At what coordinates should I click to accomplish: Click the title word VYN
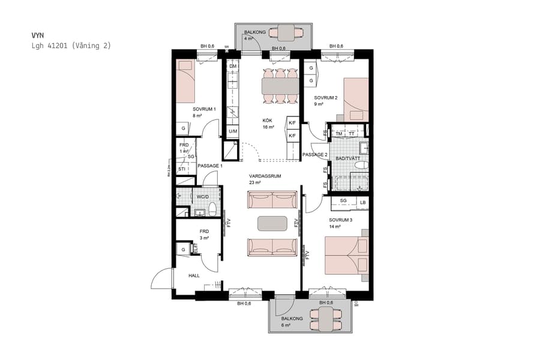37,35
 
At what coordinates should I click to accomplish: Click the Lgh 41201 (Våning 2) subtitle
71,46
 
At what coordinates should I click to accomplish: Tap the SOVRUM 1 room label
204,109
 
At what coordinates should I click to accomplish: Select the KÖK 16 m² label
268,123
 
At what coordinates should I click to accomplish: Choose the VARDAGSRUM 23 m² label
265,179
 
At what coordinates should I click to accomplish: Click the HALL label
194,275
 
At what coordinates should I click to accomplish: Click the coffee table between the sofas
272,223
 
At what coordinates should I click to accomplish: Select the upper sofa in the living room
272,200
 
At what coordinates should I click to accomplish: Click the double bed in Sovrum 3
345,254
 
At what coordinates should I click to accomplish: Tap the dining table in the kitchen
280,87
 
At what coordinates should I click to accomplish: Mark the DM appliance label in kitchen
233,66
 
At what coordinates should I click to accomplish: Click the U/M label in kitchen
233,131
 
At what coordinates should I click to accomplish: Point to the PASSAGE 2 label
314,154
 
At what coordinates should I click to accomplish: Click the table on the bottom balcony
325,319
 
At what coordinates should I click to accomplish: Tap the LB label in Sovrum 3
363,202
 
